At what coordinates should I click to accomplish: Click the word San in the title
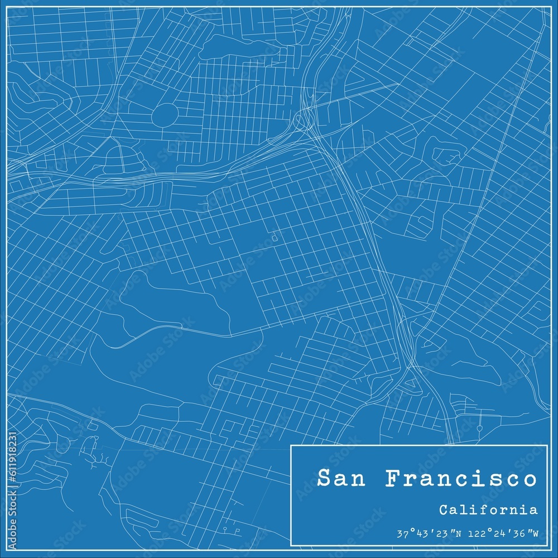point(340,479)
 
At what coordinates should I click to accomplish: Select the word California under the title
point(488,509)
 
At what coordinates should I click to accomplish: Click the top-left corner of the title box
point(291,445)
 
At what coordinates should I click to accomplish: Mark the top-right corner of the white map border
point(551,7)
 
